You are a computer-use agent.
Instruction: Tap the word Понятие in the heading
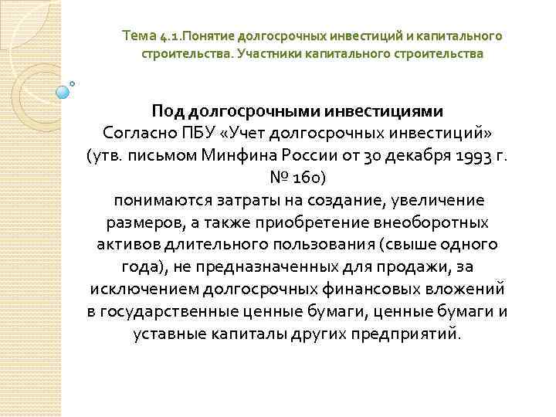tap(204, 36)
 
